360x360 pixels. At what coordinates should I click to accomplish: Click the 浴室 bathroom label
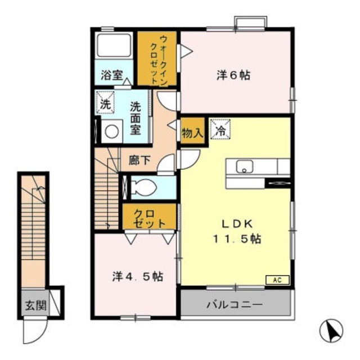click(112, 74)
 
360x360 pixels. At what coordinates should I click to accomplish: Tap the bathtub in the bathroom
click(114, 46)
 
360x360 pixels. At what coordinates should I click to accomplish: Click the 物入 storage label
click(192, 133)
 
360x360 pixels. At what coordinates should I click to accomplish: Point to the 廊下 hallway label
click(139, 160)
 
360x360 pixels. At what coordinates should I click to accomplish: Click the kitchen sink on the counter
click(245, 166)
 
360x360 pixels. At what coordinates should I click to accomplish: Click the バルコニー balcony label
click(234, 305)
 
